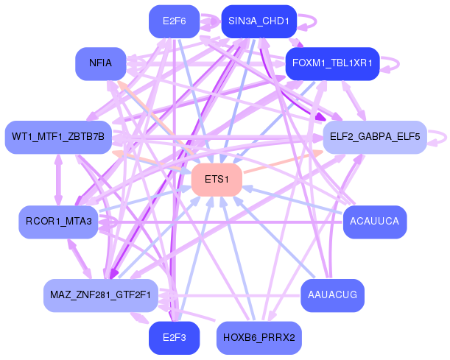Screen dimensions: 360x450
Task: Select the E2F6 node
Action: (x=174, y=21)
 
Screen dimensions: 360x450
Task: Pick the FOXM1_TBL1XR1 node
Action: (x=331, y=63)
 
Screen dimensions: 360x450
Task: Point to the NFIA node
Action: (x=100, y=63)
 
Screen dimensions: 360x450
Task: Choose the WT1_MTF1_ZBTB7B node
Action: (x=58, y=138)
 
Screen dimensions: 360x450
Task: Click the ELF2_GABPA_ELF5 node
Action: (x=375, y=138)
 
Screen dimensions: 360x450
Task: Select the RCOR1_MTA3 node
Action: (x=58, y=222)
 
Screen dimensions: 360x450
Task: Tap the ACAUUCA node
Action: (x=375, y=222)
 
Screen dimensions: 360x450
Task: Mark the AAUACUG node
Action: (x=331, y=295)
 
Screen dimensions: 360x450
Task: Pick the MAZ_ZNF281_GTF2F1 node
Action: (x=100, y=295)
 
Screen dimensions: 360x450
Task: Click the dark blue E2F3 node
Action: (x=174, y=338)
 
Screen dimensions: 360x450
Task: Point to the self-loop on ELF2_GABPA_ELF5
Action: (x=440, y=137)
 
